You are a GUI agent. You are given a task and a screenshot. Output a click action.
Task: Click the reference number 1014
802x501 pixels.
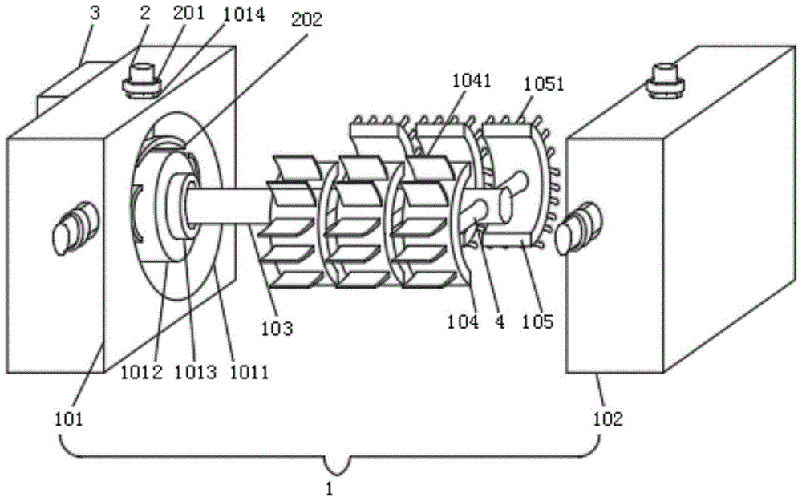244,14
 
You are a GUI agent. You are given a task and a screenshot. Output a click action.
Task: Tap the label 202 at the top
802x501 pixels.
307,19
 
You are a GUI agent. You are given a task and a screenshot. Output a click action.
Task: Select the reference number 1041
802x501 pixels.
472,81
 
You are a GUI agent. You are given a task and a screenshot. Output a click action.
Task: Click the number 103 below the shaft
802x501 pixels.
277,328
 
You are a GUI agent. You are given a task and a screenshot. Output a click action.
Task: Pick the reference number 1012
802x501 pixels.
141,372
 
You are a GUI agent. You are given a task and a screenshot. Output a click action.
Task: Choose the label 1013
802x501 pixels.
195,372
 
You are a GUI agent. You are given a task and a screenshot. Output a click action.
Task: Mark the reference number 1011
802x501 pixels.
249,372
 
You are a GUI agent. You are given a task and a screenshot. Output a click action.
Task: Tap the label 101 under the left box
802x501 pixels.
68,419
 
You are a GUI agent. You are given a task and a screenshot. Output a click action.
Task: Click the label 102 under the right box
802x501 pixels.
608,419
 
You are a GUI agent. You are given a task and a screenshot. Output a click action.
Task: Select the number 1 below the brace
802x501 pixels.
330,489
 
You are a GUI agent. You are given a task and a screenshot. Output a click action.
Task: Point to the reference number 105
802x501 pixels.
537,321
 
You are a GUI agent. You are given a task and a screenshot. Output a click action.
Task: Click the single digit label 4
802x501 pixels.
500,321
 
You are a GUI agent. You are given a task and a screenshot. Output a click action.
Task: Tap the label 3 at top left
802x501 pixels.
94,14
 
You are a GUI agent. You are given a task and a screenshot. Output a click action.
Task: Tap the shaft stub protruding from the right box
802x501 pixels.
578,228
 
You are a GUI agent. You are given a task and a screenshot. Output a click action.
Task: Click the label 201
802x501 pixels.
188,14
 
